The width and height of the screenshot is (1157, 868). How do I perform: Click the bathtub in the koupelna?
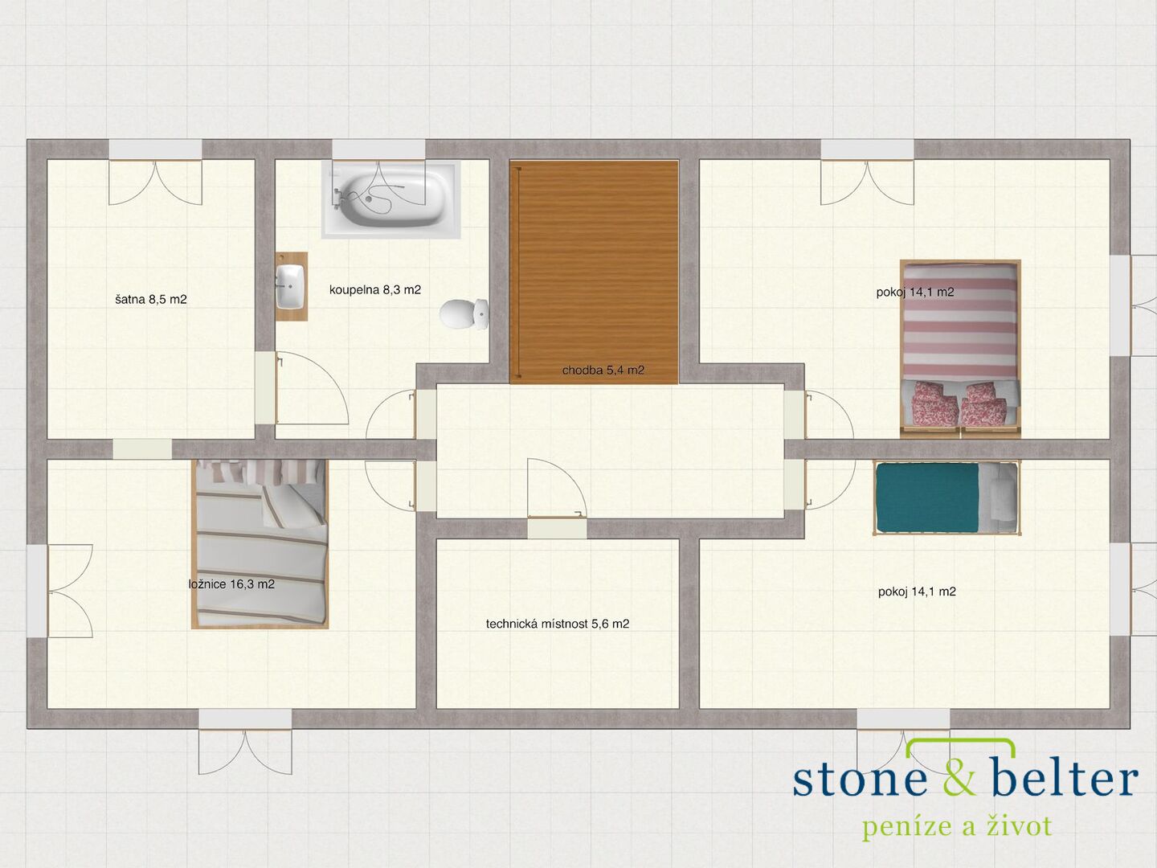[390, 199]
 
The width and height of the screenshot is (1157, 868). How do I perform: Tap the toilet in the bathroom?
[464, 313]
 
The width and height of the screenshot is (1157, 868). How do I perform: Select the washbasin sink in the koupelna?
[290, 286]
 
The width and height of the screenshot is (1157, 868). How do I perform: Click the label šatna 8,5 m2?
[151, 299]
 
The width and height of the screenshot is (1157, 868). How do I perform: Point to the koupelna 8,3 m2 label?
[374, 289]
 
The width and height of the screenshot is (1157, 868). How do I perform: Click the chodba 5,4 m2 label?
[603, 370]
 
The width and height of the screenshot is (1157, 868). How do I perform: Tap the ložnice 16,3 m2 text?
[231, 584]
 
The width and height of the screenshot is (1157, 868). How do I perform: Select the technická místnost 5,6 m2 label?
[557, 624]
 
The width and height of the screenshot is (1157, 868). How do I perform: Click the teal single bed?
[946, 497]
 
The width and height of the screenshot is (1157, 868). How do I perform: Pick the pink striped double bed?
[960, 349]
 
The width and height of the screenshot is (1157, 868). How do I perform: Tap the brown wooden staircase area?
[594, 272]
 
